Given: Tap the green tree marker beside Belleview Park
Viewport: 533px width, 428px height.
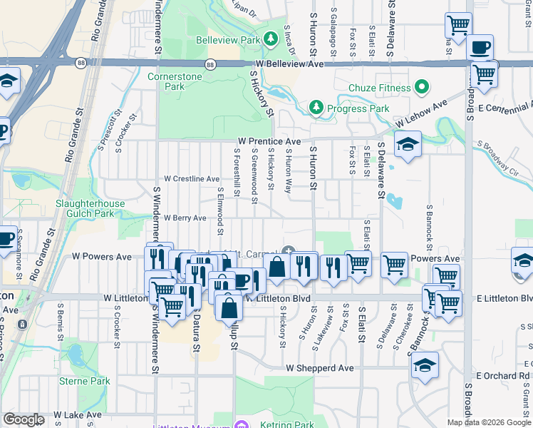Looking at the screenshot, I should point(271,40).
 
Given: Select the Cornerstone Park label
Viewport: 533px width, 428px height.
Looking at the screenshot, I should point(166,81).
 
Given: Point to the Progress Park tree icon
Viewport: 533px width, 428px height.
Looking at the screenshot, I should point(316,107).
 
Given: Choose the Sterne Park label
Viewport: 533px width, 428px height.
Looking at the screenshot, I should point(86,381).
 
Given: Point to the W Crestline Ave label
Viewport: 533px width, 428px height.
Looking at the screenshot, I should point(192,178).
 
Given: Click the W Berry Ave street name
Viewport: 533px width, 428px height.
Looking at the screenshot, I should point(185,218).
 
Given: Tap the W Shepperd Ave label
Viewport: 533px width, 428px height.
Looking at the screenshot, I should point(320,368).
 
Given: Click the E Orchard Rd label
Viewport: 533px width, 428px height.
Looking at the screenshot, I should point(503,375).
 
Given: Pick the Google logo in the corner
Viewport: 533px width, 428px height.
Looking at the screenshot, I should point(23,419).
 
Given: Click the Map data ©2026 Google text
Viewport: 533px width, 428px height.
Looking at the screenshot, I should point(488,422).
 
